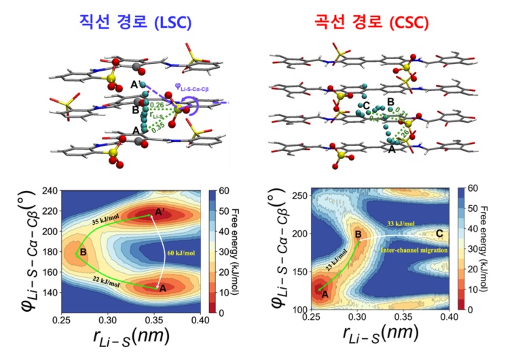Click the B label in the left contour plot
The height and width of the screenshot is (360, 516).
click(x=82, y=253)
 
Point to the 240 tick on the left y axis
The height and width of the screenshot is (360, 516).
click(x=50, y=192)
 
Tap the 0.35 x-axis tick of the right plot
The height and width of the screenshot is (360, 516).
click(x=404, y=317)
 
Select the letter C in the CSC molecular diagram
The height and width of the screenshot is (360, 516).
click(x=366, y=107)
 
